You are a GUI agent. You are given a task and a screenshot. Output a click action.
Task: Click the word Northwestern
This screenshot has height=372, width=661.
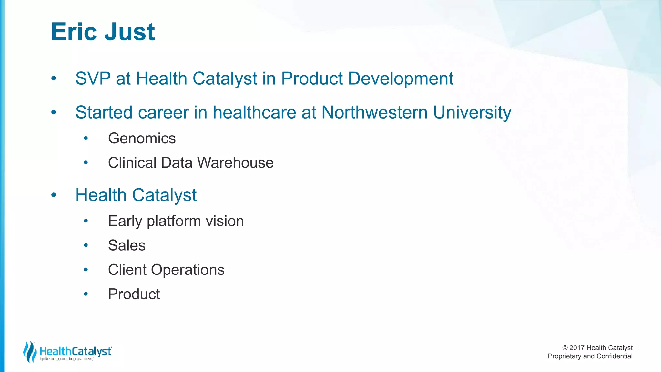coord(374,112)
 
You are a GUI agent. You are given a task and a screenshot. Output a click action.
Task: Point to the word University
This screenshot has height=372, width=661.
coord(472,112)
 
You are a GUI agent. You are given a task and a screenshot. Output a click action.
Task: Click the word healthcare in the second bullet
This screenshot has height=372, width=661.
coord(254,112)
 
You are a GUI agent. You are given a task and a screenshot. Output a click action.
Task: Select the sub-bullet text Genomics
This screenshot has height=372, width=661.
coord(142,139)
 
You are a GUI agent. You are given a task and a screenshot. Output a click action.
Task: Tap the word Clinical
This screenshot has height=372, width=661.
coord(132,163)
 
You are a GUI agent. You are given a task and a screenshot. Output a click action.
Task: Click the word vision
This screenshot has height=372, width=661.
coord(225,221)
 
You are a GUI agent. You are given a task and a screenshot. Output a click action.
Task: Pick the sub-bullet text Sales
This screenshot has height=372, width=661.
coord(127,245)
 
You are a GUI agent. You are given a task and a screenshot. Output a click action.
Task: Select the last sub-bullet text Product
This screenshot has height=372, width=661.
coord(134,294)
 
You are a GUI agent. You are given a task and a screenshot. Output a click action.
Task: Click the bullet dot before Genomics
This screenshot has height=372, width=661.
coord(86,139)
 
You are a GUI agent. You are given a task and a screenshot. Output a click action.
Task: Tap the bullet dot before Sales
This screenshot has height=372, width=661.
coord(86,246)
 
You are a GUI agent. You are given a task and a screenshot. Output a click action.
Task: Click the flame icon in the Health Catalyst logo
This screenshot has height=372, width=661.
coord(30,352)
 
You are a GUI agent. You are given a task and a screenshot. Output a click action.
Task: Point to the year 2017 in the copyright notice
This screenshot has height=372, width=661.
coord(577,348)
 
